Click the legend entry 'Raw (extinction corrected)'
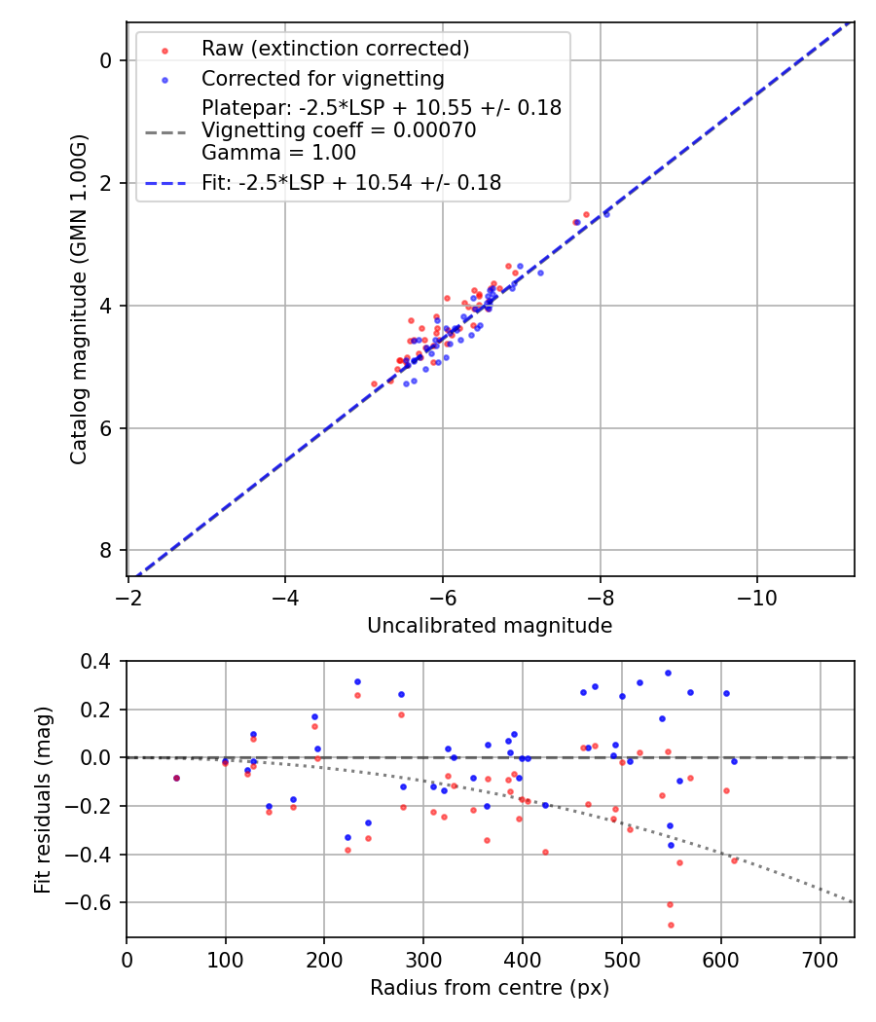point(335,49)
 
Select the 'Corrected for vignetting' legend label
point(322,79)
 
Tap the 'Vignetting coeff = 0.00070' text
point(339,130)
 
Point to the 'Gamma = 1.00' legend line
point(278,153)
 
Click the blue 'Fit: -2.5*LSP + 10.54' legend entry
point(350,183)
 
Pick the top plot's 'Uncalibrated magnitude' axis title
point(490,626)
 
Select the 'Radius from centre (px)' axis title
point(490,988)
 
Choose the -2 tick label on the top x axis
point(128,596)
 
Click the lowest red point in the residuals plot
point(671,925)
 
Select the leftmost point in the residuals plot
point(176,778)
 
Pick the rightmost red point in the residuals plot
point(734,860)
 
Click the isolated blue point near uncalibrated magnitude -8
point(606,213)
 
